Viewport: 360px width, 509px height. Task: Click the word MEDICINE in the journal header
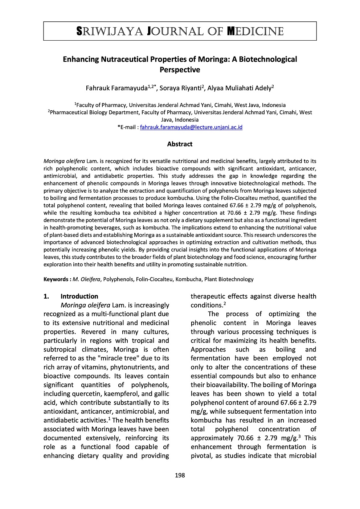pos(255,32)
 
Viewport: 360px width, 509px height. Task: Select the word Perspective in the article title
pos(180,70)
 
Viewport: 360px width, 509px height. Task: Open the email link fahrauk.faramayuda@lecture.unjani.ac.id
pos(191,127)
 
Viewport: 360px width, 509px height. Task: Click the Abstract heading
pos(180,144)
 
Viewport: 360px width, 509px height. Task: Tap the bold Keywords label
pos(57,279)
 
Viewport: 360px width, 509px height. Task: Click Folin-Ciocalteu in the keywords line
pos(155,279)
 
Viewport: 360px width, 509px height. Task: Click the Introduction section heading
pos(79,296)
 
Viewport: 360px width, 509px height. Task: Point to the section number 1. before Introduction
pos(46,296)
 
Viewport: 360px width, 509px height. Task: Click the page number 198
pos(180,475)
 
